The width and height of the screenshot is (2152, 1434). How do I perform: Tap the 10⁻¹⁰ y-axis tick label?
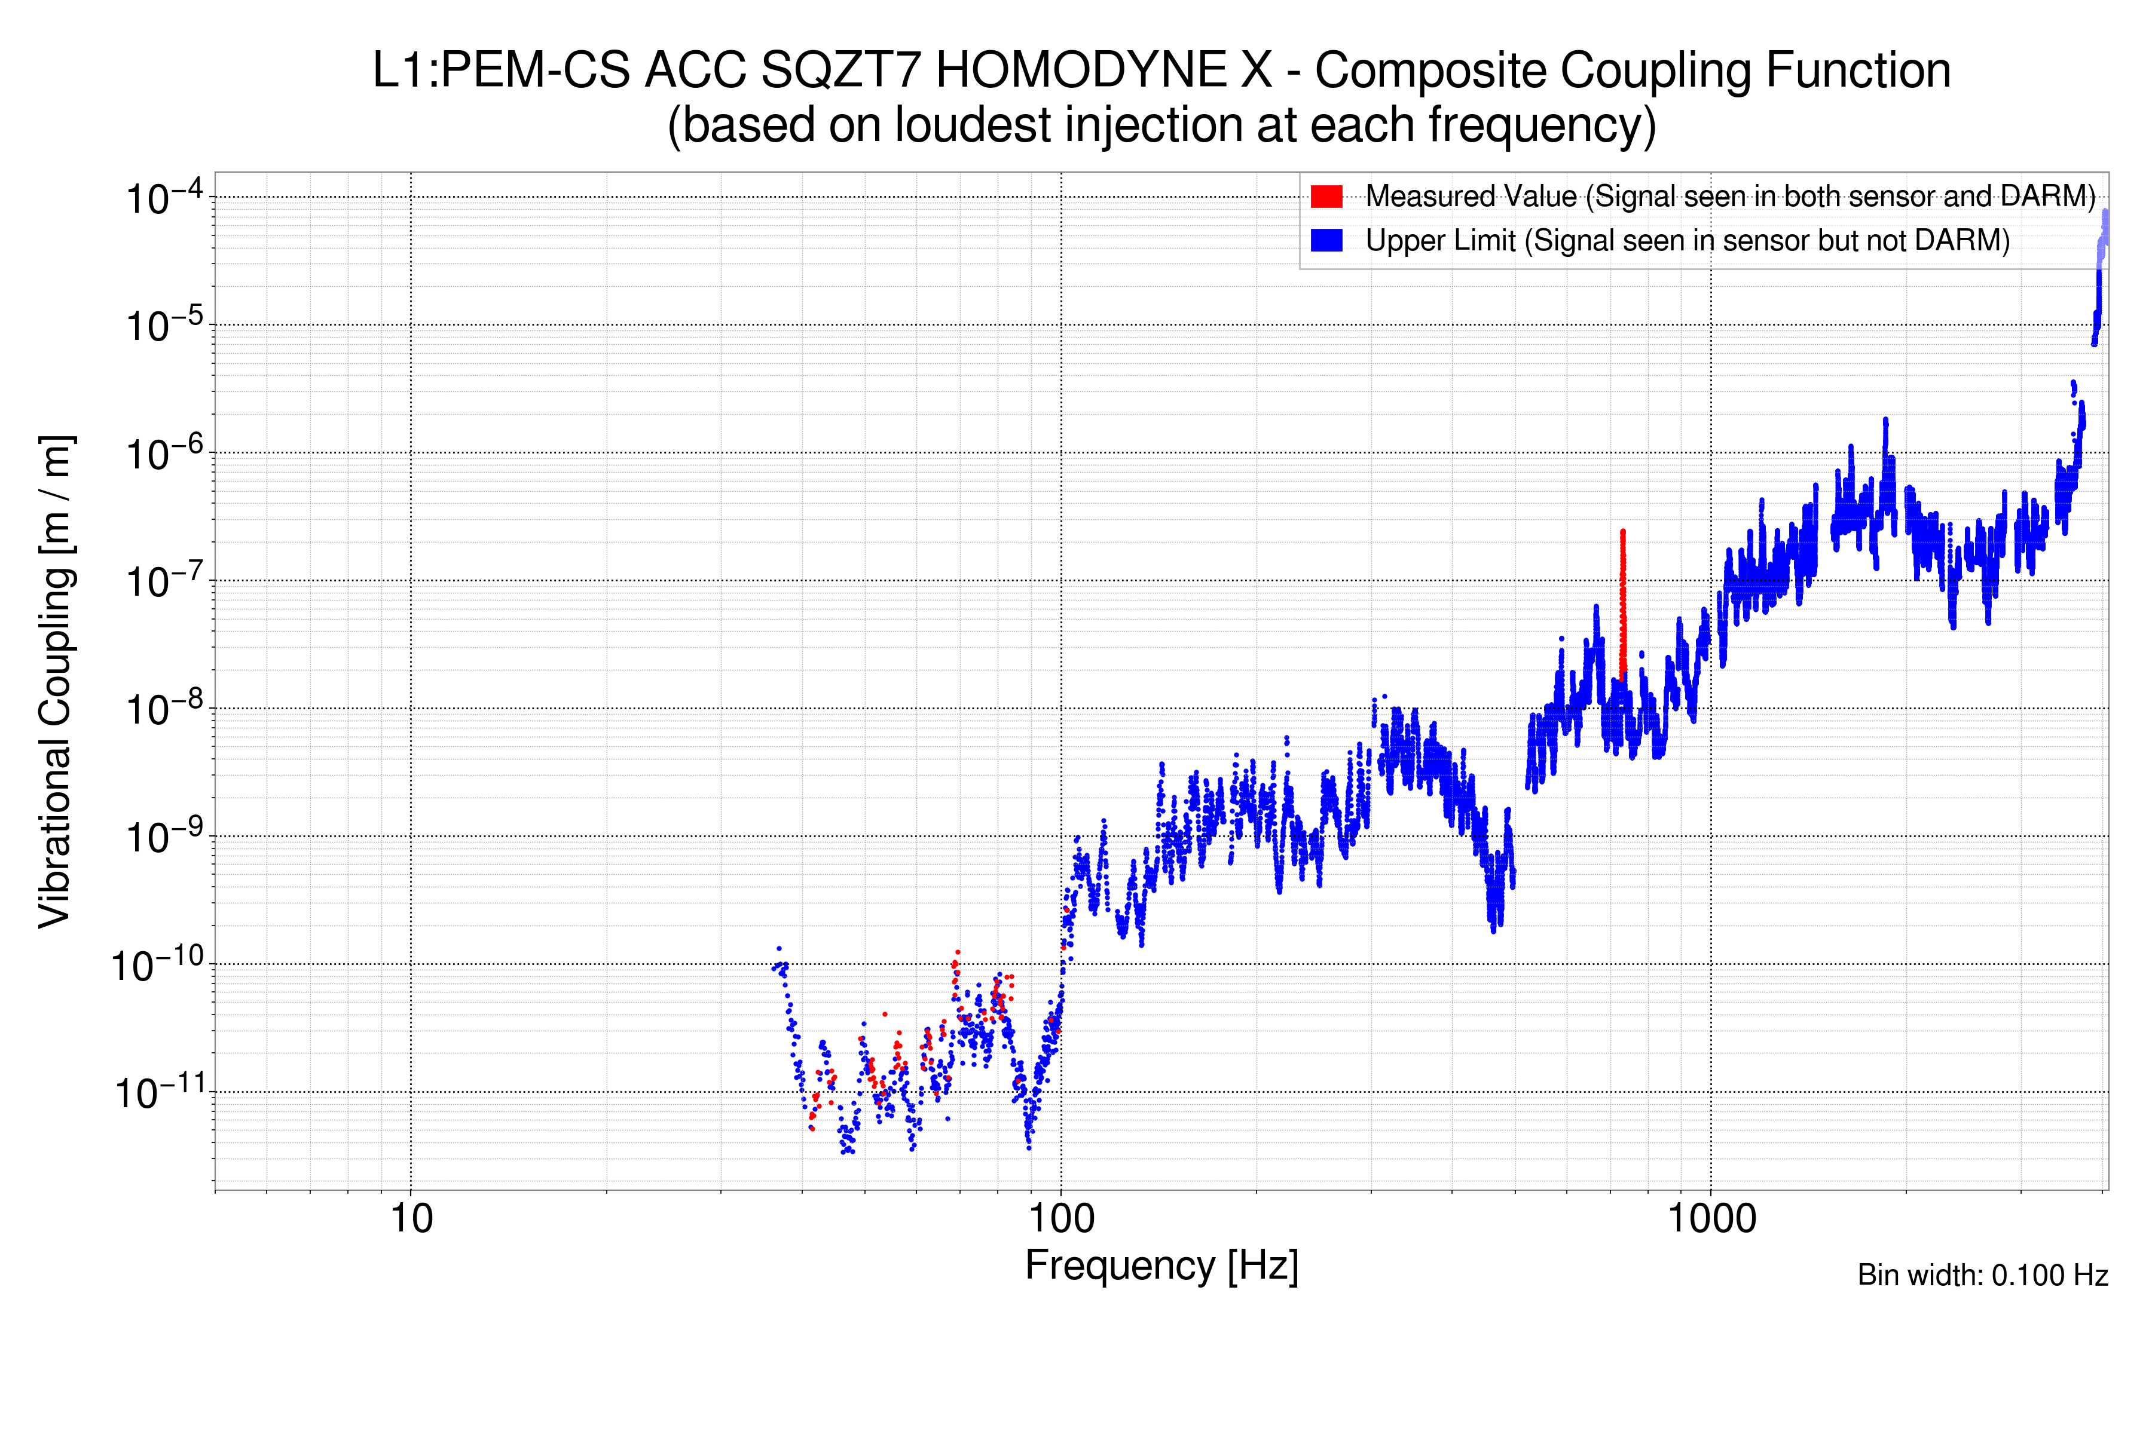157,965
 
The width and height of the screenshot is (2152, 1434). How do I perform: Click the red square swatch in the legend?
1326,197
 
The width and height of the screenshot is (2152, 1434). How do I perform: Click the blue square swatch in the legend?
1326,241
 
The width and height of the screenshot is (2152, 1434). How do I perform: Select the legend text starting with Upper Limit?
1687,241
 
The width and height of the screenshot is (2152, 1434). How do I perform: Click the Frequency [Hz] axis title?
1161,1266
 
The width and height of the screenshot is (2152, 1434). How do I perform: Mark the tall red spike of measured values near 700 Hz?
1622,603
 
